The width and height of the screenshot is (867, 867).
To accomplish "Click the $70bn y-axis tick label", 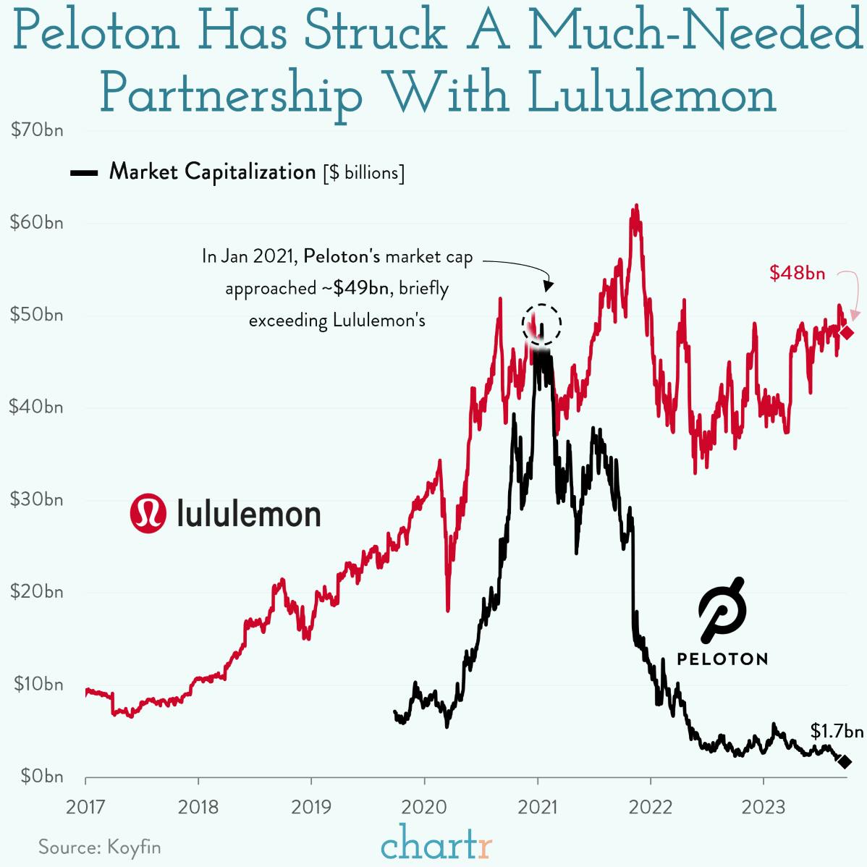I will (36, 131).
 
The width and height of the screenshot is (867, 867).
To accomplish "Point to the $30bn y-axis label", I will (36, 499).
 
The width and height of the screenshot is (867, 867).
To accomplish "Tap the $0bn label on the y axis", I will (40, 777).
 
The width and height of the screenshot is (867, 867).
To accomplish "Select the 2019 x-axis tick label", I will (311, 806).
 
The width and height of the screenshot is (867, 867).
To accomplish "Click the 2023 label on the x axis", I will (764, 806).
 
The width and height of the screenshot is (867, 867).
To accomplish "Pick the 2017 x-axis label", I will (85, 806).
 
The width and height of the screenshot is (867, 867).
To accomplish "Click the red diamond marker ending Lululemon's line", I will (847, 332).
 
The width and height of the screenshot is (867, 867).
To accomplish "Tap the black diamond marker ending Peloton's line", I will (844, 762).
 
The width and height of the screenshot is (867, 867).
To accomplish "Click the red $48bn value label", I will (797, 273).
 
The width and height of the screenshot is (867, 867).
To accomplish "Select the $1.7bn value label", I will (837, 731).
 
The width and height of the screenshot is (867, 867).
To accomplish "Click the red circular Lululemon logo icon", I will (148, 513).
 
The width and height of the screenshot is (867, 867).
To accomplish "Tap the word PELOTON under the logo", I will (722, 659).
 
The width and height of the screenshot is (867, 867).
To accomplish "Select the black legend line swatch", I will (85, 173).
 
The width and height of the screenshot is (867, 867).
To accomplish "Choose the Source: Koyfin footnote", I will (100, 847).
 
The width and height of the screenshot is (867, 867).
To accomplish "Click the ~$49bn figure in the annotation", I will (355, 288).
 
